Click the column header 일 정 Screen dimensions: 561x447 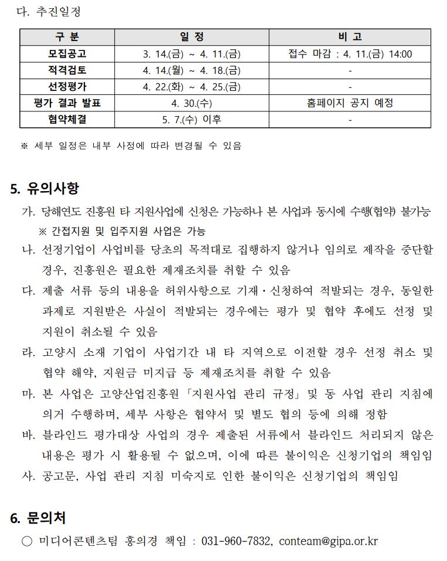(x=192, y=37)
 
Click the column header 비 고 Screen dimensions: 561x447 (x=350, y=37)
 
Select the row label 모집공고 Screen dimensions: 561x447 (x=67, y=54)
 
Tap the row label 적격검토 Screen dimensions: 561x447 (x=67, y=70)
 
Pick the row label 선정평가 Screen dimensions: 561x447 (x=67, y=87)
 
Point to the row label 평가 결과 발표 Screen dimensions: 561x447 (x=67, y=103)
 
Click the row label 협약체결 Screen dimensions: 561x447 (x=67, y=120)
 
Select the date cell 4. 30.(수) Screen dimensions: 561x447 (x=192, y=103)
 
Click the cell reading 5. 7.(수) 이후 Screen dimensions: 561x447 (x=192, y=120)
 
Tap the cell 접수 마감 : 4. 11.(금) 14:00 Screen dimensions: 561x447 (x=350, y=54)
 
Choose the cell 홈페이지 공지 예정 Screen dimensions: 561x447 (x=350, y=103)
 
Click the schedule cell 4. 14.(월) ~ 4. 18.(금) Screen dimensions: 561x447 (x=192, y=70)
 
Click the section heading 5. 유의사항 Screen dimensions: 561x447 (x=45, y=189)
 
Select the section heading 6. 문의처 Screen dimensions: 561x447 (x=38, y=518)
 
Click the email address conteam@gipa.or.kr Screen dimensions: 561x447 (x=328, y=540)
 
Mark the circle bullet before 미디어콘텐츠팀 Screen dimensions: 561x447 (x=27, y=541)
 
